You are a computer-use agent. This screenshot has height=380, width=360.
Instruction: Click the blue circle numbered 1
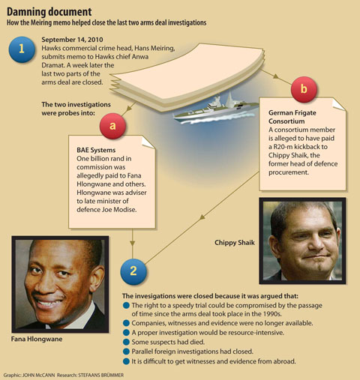click(22, 49)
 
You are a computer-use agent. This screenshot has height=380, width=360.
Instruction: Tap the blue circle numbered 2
click(133, 271)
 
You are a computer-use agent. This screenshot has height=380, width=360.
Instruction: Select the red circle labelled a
click(112, 126)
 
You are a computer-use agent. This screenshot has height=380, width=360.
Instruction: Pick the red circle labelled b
click(304, 89)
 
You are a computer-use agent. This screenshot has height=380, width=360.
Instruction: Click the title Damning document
click(49, 12)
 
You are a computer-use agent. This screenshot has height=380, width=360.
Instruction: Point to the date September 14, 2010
click(72, 40)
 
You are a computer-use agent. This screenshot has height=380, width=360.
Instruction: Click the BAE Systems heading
click(96, 150)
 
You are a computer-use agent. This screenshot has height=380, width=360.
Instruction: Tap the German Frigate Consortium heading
click(292, 117)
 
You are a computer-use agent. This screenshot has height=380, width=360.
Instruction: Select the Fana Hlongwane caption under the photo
click(37, 339)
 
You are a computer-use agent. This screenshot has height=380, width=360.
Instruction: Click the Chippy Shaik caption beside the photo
click(235, 243)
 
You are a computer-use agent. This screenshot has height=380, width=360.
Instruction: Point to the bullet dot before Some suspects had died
click(126, 342)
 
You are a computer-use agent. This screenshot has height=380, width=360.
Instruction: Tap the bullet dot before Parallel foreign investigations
click(126, 352)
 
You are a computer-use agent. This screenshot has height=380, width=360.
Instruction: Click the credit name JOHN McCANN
click(38, 376)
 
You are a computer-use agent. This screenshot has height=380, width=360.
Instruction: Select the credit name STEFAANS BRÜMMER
click(101, 376)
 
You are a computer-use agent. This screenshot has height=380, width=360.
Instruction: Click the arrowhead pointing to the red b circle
click(276, 76)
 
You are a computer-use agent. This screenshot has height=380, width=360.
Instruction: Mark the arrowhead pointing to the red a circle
click(129, 109)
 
